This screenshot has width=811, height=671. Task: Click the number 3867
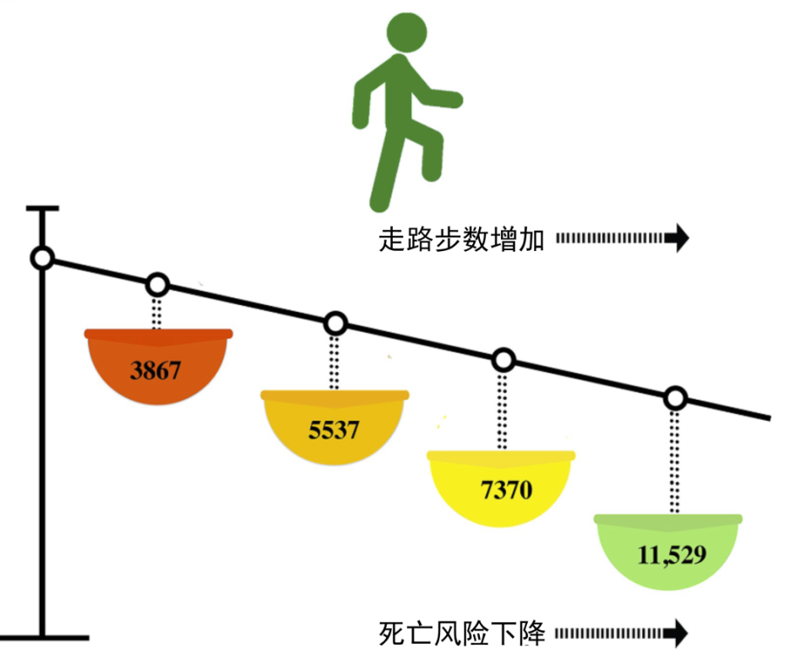[155, 370]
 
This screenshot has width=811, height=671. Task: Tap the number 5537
[334, 430]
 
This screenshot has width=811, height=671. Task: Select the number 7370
[506, 490]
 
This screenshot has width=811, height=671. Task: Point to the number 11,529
[672, 555]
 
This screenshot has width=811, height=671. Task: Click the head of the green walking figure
[407, 32]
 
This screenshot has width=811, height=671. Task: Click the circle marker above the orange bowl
[157, 285]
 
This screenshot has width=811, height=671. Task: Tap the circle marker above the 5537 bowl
[335, 324]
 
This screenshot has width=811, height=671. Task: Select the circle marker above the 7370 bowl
[503, 360]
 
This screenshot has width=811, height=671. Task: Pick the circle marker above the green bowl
[675, 398]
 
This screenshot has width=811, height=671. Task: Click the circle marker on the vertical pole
[42, 258]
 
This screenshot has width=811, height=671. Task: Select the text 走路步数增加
[461, 239]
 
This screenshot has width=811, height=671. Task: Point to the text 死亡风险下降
[462, 633]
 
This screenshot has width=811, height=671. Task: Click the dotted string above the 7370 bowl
[502, 412]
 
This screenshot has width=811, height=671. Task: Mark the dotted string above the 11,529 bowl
[674, 462]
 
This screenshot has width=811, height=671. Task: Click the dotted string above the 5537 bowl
[335, 363]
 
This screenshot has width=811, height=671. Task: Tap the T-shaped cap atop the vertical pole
[42, 209]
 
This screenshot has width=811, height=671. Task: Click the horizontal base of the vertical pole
[45, 638]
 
